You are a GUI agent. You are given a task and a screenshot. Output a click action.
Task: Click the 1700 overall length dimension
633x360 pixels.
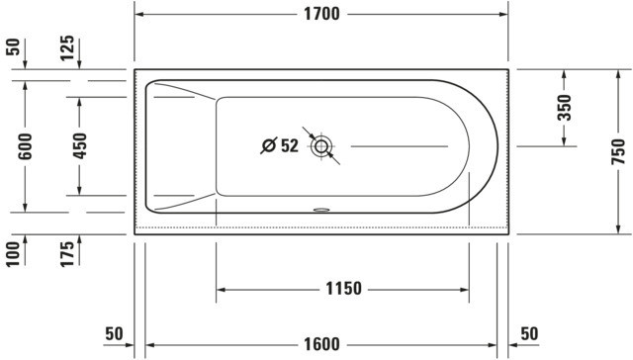click(321, 14)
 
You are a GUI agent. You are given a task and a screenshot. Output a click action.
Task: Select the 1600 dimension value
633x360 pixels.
click(321, 344)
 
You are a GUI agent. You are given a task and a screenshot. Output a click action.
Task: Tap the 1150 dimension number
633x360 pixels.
click(343, 289)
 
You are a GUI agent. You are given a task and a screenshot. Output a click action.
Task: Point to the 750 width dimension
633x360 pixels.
click(618, 151)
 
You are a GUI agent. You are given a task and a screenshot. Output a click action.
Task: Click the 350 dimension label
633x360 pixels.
click(565, 108)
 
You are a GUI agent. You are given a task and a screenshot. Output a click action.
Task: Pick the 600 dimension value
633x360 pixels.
click(25, 146)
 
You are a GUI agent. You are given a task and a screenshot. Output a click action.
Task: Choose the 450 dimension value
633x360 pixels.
click(79, 145)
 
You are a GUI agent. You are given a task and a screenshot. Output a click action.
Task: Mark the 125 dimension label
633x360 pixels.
click(67, 48)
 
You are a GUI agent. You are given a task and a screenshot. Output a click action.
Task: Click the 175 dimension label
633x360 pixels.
click(67, 254)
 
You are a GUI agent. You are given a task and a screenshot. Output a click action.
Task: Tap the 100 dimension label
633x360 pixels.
click(13, 254)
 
